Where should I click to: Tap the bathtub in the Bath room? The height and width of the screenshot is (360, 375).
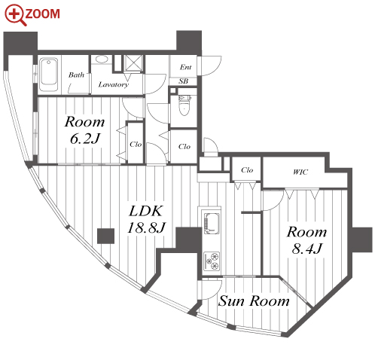[48, 75]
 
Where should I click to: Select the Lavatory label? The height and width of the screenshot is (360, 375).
[114, 84]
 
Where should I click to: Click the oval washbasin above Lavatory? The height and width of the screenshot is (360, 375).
[102, 59]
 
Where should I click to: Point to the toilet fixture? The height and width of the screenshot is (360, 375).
[184, 105]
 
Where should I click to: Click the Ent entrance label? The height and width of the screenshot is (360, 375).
[186, 67]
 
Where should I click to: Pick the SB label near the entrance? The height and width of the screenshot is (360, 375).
[184, 81]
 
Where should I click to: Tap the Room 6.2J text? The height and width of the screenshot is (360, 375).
[84, 130]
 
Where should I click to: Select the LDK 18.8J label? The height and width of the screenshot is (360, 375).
[146, 219]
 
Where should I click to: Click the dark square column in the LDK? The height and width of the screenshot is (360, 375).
[105, 236]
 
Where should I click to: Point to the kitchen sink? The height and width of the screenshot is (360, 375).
[212, 224]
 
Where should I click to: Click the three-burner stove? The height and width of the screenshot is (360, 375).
[212, 261]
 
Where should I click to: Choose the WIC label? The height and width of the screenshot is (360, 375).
[300, 172]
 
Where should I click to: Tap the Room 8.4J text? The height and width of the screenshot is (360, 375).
[306, 240]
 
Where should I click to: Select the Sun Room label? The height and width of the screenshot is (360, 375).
[254, 301]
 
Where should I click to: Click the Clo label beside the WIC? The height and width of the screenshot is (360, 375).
[247, 170]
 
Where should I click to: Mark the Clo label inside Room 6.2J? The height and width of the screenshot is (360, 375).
[136, 144]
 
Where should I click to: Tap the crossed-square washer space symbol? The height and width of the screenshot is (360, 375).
[133, 63]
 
